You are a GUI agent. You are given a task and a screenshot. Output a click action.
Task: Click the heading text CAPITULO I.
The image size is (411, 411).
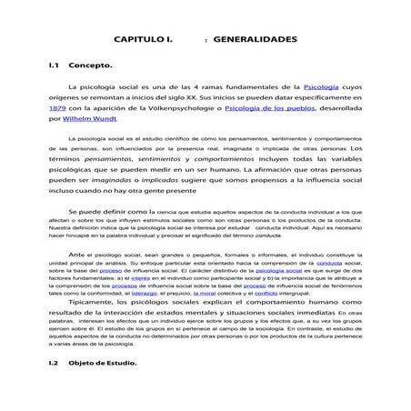coord(143,42)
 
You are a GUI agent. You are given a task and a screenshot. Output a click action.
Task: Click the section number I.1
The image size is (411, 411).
coord(55,66)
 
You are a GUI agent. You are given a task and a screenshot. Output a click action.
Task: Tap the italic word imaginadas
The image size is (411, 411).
coord(127,181)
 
